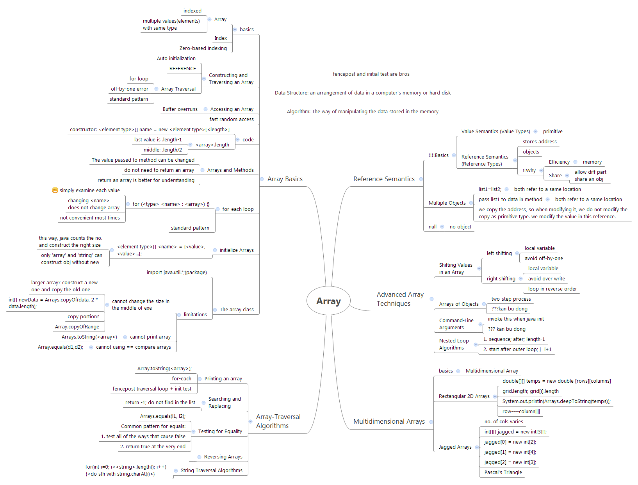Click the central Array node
[x=328, y=301]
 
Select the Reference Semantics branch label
[x=384, y=179]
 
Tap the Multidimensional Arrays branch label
[x=389, y=421]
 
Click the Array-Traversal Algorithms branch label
[x=278, y=421]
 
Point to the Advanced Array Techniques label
[x=400, y=299]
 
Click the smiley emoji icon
[x=55, y=190]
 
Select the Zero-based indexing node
[x=203, y=48]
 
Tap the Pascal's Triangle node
[x=503, y=473]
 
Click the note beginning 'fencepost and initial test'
[x=371, y=74]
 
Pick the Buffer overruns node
[x=180, y=109]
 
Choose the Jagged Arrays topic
[x=455, y=447]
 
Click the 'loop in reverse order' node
[x=552, y=289]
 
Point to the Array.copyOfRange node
[x=77, y=327]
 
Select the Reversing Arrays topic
[x=223, y=457]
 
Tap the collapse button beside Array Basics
[x=262, y=179]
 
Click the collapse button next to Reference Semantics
[x=421, y=179]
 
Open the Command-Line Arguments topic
[x=456, y=324]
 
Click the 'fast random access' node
[x=232, y=119]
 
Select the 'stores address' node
[x=540, y=142]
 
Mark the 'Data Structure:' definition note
[x=363, y=93]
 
